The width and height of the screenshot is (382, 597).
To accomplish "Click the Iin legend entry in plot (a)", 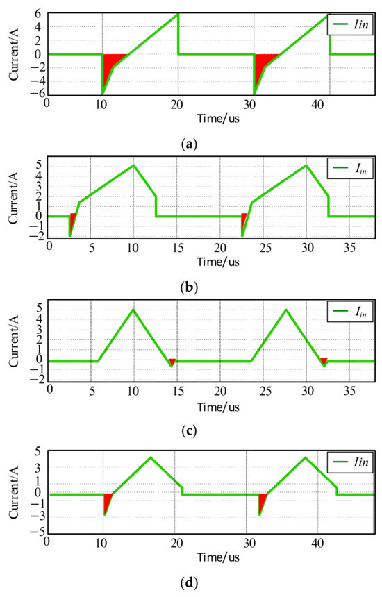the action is click(350, 24).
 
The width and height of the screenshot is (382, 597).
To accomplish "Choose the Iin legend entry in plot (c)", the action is click(350, 312).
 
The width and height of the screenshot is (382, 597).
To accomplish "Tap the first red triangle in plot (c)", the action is click(172, 362).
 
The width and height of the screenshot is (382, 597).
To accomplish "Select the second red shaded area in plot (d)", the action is click(262, 501).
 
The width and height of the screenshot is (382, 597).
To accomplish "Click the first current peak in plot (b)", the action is click(133, 165).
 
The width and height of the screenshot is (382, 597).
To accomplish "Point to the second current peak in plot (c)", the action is click(286, 309).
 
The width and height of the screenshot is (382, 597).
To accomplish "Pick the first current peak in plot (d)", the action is click(151, 457).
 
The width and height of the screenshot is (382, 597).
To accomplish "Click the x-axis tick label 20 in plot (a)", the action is click(177, 104).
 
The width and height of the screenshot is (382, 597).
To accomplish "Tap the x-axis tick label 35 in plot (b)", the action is click(349, 248).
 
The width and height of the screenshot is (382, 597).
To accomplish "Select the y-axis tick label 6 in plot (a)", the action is click(38, 13).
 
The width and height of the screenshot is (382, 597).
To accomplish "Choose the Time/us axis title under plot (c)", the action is click(218, 407).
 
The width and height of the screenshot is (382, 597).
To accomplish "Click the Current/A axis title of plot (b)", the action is click(14, 198).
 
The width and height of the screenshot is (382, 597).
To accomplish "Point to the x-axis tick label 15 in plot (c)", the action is click(178, 391).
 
